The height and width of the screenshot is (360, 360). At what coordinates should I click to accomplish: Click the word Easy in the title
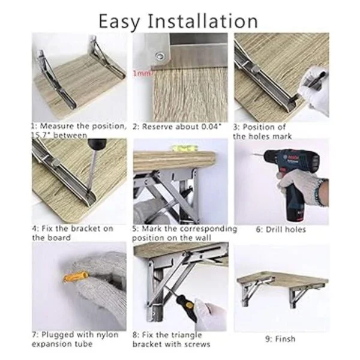tap(119, 22)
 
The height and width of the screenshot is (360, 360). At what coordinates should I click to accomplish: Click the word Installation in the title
tap(202, 21)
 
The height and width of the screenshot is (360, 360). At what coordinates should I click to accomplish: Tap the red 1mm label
tap(142, 73)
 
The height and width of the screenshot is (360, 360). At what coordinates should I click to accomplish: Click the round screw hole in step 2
tap(160, 56)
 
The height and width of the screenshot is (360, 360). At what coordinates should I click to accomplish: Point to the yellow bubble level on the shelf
tap(184, 149)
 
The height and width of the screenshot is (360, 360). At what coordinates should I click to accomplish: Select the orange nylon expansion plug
tap(76, 277)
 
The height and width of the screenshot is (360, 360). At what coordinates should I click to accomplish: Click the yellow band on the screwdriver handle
tap(189, 305)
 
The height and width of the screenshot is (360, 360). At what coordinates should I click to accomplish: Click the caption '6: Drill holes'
tap(281, 230)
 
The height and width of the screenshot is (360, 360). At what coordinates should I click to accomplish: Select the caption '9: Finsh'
tap(281, 339)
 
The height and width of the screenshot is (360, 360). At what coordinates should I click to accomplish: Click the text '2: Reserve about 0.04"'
tap(177, 127)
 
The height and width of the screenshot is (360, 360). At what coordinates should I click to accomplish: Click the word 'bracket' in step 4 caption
tap(86, 229)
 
